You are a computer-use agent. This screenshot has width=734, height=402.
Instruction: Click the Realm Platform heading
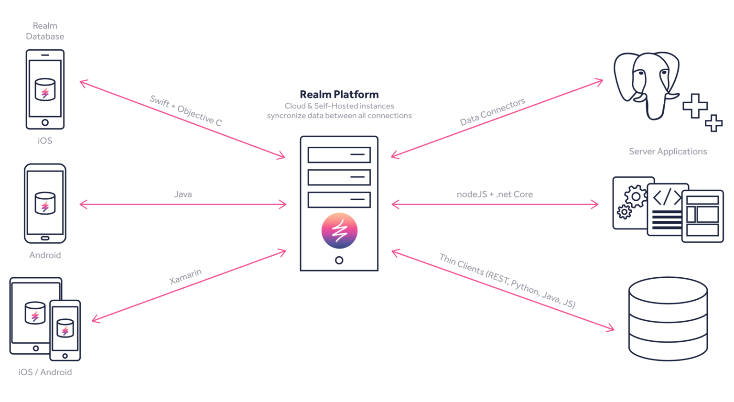(x=339, y=94)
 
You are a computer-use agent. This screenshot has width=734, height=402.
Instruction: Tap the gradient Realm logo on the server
(x=339, y=231)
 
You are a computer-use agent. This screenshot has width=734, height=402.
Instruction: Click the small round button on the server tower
(x=339, y=261)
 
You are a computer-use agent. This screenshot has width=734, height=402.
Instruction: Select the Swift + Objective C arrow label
(x=186, y=110)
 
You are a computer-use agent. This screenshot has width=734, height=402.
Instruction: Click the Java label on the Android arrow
(x=183, y=194)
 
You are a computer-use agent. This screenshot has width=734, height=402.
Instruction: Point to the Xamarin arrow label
(x=185, y=276)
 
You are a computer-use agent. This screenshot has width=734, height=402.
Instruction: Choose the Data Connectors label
(x=492, y=111)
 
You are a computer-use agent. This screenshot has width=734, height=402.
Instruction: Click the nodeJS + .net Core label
(x=495, y=194)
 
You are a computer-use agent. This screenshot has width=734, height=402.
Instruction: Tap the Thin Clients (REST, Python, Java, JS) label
(x=507, y=281)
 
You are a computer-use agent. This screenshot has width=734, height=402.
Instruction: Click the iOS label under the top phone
(x=45, y=141)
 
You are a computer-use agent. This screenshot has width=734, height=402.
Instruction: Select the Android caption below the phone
(x=45, y=255)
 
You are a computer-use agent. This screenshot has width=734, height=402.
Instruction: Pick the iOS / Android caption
(x=45, y=372)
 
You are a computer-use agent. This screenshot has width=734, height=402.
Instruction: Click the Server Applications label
(x=668, y=152)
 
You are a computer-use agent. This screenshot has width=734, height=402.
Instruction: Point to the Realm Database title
(x=45, y=31)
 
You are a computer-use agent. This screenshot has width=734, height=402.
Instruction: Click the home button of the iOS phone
(x=45, y=122)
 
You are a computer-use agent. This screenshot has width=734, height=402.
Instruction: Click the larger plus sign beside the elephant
(x=695, y=106)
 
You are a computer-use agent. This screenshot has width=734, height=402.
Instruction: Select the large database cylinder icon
(x=668, y=318)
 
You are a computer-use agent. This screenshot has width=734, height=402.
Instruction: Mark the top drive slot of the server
(x=339, y=155)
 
